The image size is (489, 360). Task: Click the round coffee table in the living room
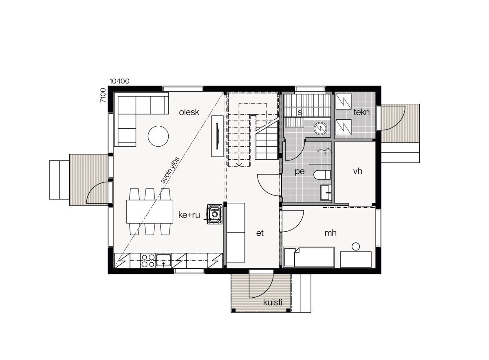click(158, 136)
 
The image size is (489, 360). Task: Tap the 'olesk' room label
click(189, 112)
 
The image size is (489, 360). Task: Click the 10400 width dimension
click(119, 81)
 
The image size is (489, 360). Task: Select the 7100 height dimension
click(103, 95)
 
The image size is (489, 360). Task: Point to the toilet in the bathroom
click(322, 175)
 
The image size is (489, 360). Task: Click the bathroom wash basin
click(326, 193)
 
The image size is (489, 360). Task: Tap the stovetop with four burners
click(148, 261)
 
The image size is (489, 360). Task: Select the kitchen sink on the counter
click(163, 261)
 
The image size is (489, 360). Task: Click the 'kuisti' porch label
click(273, 303)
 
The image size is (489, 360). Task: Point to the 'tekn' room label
click(361, 112)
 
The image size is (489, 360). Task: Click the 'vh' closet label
click(358, 171)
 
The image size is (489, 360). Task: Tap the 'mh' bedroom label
click(330, 233)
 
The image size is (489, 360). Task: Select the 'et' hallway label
click(260, 233)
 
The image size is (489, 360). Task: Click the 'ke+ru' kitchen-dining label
click(189, 215)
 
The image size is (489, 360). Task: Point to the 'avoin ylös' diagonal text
click(170, 170)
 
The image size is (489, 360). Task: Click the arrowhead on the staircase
click(239, 164)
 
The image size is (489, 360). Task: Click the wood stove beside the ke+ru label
click(215, 214)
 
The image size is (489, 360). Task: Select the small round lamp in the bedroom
click(356, 246)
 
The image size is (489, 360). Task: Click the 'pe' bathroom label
click(300, 171)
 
